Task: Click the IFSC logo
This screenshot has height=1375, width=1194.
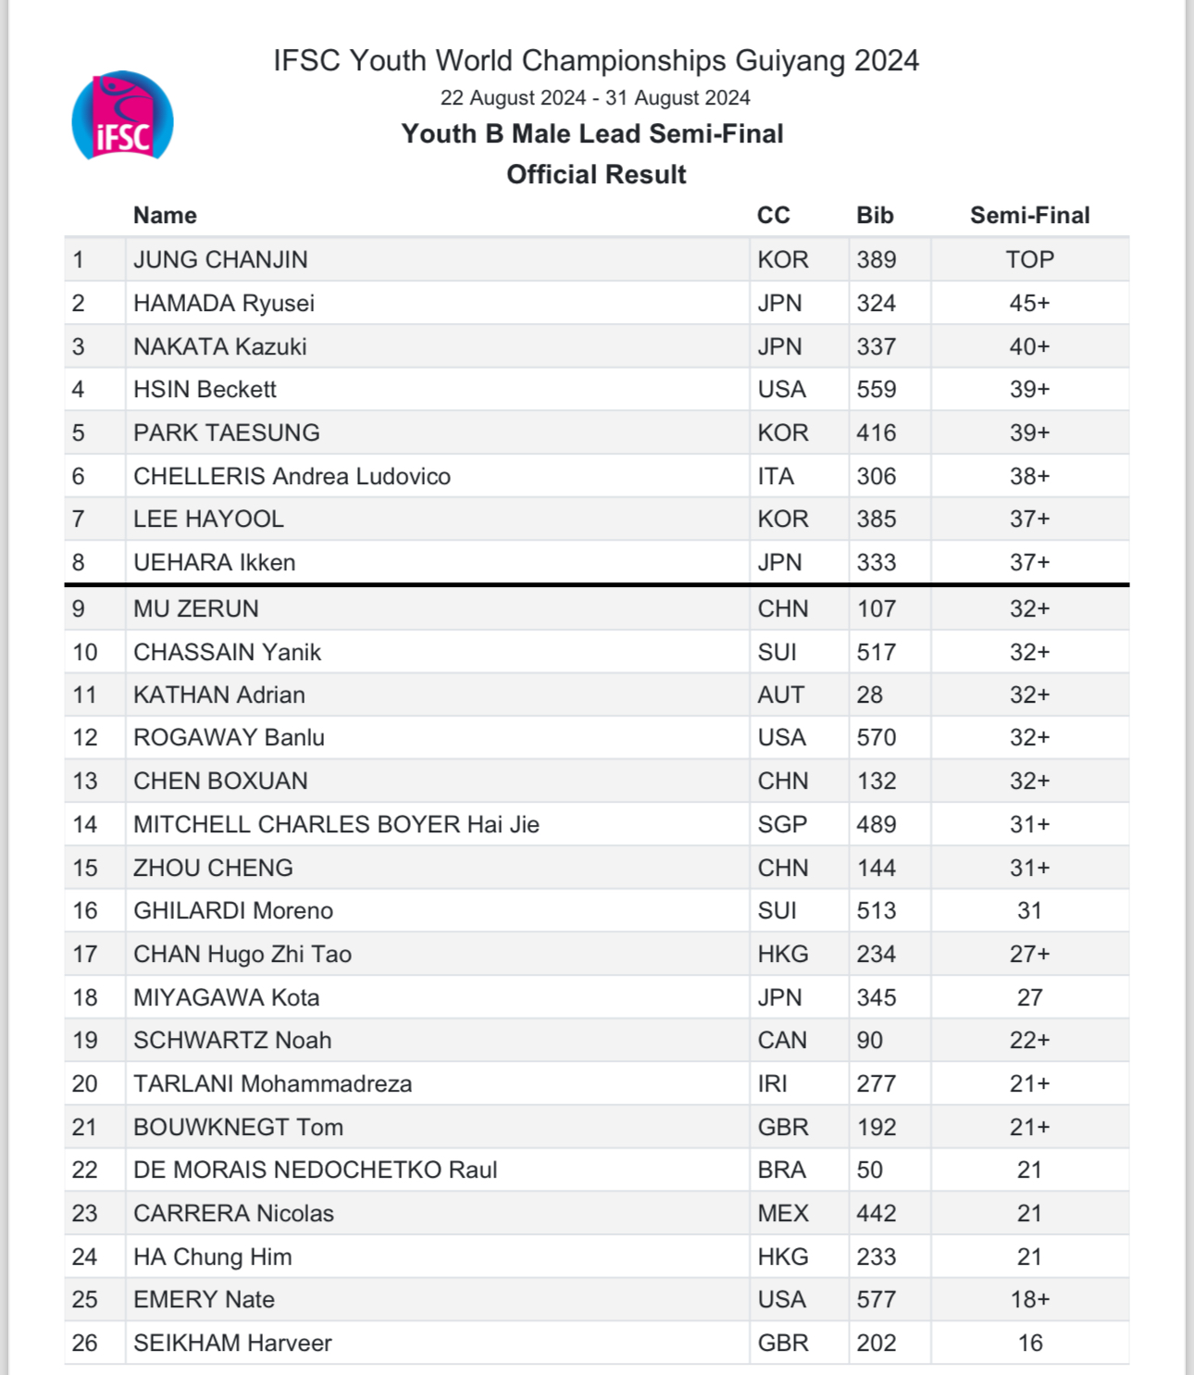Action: pyautogui.click(x=122, y=117)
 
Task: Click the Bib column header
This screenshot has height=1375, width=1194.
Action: pyautogui.click(x=875, y=216)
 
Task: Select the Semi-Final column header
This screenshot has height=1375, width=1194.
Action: pyautogui.click(x=1029, y=216)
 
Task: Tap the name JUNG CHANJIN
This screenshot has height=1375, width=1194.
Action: pyautogui.click(x=220, y=260)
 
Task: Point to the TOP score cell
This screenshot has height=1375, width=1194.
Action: pyautogui.click(x=1029, y=260)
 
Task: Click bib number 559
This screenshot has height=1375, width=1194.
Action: pyautogui.click(x=876, y=390)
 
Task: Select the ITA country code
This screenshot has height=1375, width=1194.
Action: pyautogui.click(x=776, y=477)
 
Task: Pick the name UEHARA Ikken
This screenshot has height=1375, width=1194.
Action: pyautogui.click(x=214, y=563)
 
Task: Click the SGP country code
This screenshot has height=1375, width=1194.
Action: pyautogui.click(x=782, y=825)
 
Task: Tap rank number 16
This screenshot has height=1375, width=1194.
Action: pyautogui.click(x=85, y=911)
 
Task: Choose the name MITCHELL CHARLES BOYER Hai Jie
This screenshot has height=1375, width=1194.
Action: pyautogui.click(x=336, y=825)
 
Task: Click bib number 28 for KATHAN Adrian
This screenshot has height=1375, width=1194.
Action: pyautogui.click(x=869, y=695)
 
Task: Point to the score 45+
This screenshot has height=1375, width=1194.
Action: pyautogui.click(x=1029, y=304)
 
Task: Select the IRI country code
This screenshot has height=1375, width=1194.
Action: pyautogui.click(x=772, y=1084)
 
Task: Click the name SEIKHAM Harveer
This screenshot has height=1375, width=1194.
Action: pyautogui.click(x=232, y=1344)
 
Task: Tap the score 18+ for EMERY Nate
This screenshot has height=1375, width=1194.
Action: pyautogui.click(x=1029, y=1300)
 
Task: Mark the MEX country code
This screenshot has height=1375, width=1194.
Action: pyautogui.click(x=783, y=1214)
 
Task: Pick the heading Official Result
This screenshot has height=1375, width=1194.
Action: pyautogui.click(x=596, y=175)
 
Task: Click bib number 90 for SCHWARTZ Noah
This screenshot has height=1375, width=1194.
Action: pyautogui.click(x=869, y=1041)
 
